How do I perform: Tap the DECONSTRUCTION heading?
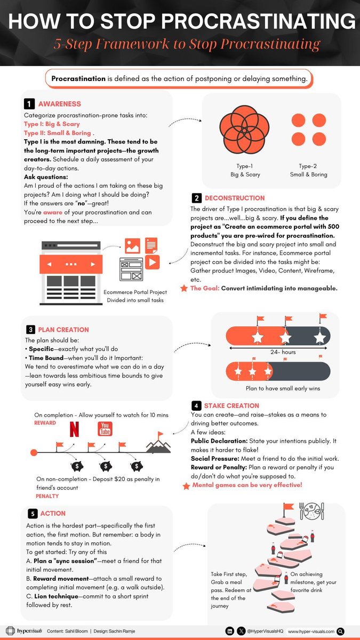pos(235,198)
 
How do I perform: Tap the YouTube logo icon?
pos(105,428)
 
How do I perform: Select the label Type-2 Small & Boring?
pos(312,170)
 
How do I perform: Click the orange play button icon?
pos(152,262)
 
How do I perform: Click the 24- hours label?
pos(282,352)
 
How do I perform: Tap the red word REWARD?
pos(45,422)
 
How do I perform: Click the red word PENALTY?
pos(47,496)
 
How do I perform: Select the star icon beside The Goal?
pos(184,289)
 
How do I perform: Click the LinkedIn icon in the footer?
pos(229,631)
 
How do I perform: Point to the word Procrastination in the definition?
pos(79,79)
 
